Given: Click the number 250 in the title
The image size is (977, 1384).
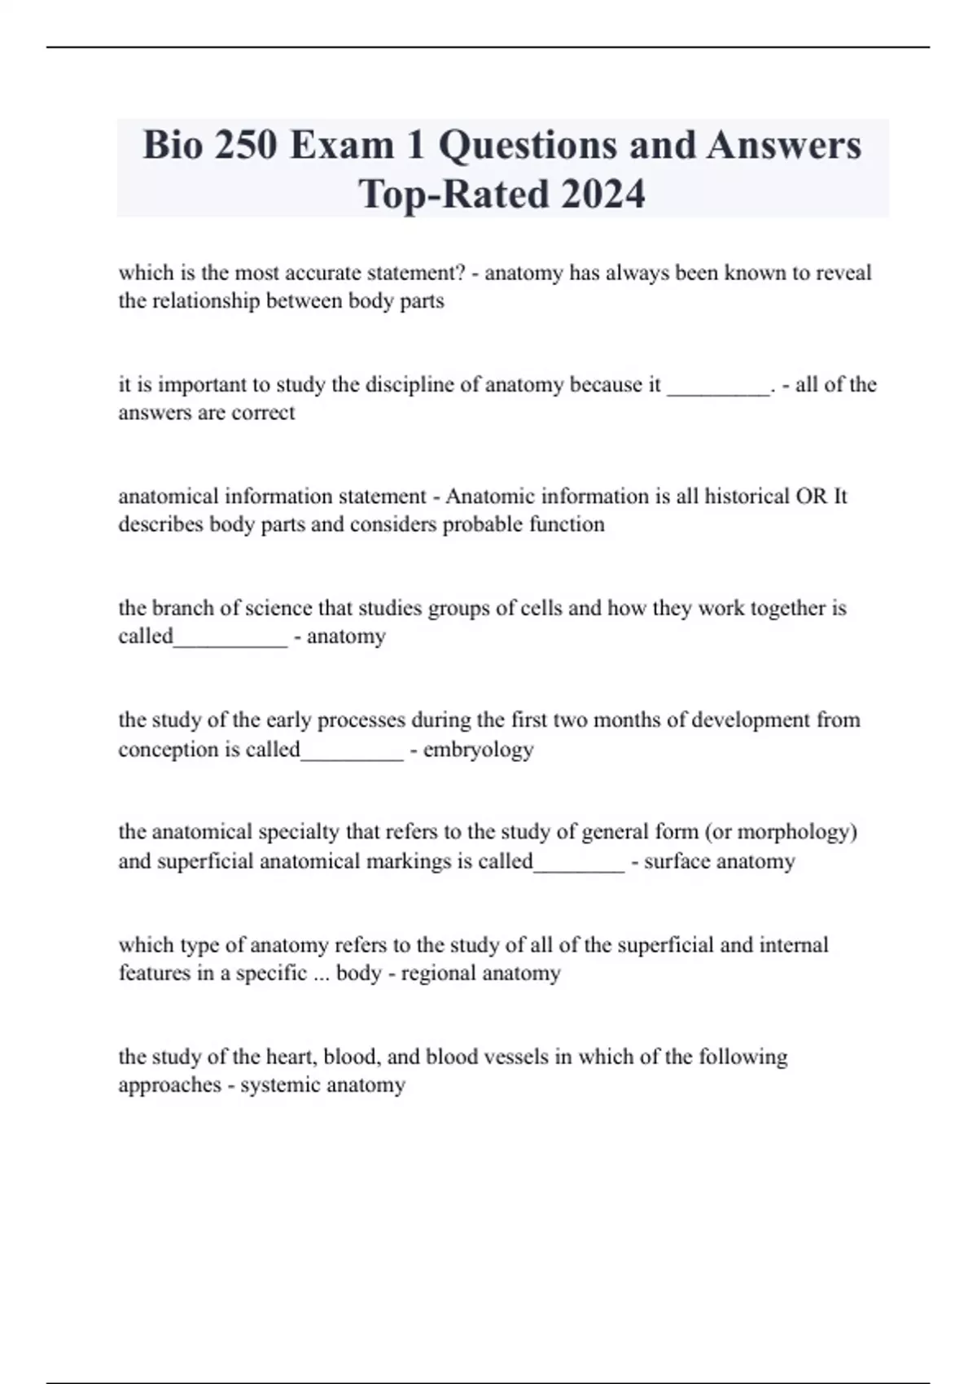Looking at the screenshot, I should coord(244,146).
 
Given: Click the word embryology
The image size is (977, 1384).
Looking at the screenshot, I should coord(478,749).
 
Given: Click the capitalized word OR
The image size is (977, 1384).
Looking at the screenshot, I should coord(812,496).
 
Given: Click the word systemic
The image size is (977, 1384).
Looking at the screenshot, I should coord(279,1085).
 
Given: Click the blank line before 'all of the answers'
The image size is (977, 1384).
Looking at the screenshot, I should coord(718,392).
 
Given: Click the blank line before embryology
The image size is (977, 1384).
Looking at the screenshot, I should coord(352,757).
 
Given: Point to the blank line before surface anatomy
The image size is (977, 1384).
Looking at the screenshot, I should coord(579,869).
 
